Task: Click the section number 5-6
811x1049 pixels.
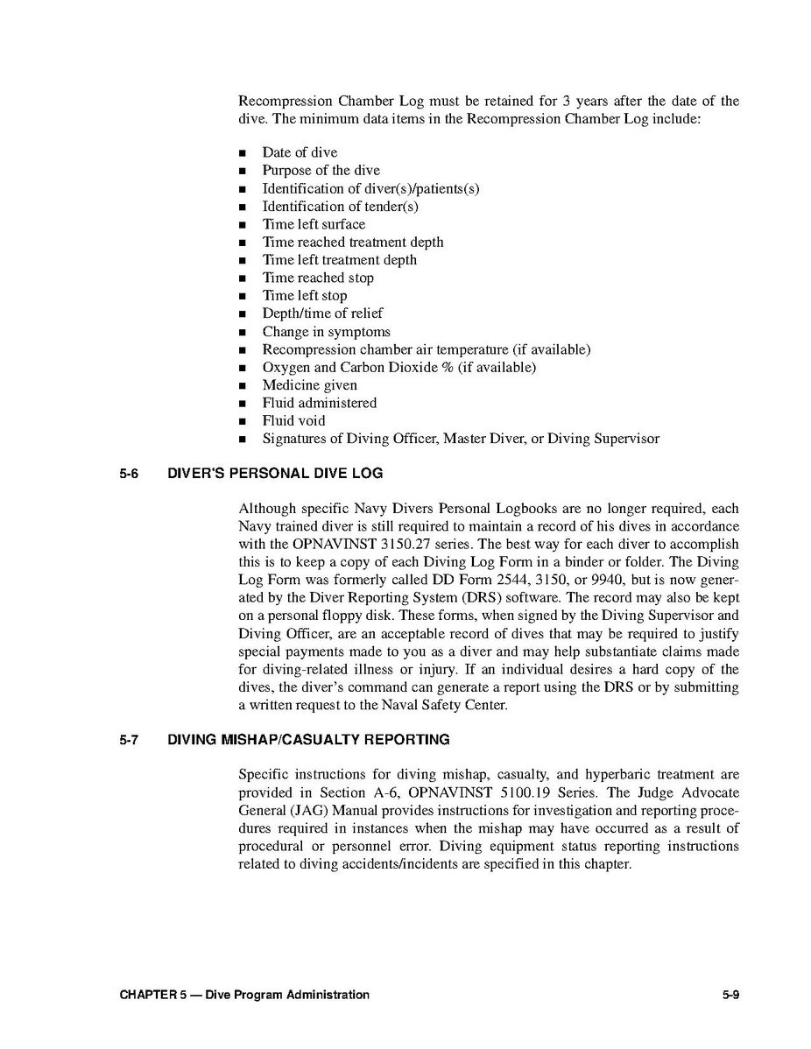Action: click(130, 474)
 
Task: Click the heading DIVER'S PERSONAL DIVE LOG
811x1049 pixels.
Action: click(275, 474)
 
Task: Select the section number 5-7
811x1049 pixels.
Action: click(130, 740)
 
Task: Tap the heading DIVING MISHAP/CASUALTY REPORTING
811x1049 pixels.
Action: click(308, 740)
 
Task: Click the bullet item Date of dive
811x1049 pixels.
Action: click(300, 152)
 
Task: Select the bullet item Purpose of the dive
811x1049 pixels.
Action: click(321, 171)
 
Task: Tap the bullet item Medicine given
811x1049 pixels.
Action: click(309, 385)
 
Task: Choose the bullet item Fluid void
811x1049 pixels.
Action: click(293, 420)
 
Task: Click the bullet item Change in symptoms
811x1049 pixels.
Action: click(326, 332)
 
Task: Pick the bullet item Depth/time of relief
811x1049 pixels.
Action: click(322, 313)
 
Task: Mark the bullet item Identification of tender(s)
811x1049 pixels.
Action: click(340, 207)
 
